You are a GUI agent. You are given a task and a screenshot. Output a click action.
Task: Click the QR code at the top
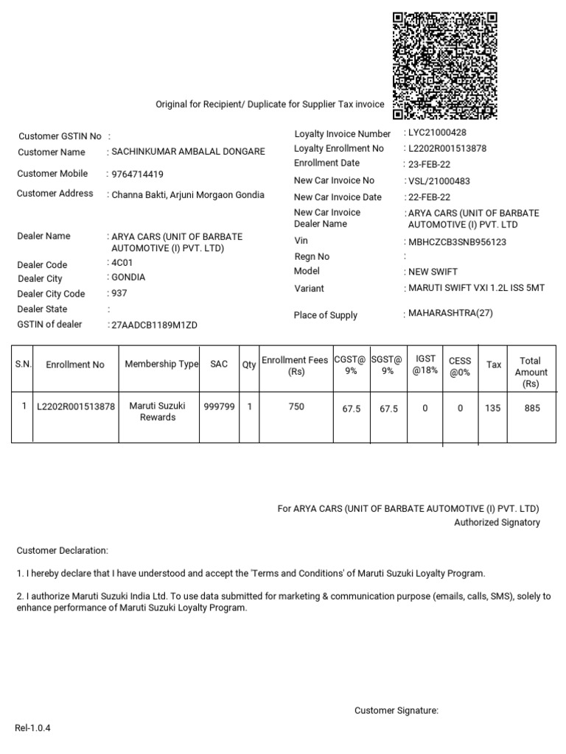tap(444, 66)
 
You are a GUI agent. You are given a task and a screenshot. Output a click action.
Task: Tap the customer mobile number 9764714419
tap(138, 175)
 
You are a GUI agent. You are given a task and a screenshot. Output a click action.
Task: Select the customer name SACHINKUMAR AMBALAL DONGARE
tap(188, 152)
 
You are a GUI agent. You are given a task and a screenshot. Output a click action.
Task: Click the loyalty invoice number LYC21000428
tap(437, 133)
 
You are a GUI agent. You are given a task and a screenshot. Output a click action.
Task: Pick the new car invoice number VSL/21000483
tap(439, 181)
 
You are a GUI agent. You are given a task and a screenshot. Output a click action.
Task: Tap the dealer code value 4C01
tap(120, 262)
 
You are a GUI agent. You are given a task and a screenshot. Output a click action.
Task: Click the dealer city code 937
tap(118, 293)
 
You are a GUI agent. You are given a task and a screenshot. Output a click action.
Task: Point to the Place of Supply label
tap(325, 315)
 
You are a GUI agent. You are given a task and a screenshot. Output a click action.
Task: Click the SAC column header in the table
tap(219, 364)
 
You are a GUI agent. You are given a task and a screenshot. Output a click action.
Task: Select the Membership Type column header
tap(161, 364)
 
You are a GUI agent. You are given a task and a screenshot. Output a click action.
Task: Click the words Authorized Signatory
tap(497, 523)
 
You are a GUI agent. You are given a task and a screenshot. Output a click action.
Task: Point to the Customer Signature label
tap(396, 711)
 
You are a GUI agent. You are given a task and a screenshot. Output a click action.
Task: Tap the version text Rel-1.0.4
tap(32, 728)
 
